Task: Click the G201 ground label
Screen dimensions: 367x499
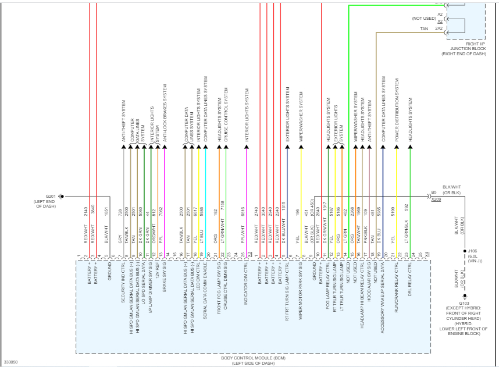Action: tap(50, 196)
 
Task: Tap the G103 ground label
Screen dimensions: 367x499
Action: tap(464, 303)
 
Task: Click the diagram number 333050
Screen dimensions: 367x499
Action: tap(10, 362)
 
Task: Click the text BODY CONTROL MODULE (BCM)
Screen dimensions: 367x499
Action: tap(252, 358)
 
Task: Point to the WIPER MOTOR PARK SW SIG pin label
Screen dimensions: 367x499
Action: tap(301, 295)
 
